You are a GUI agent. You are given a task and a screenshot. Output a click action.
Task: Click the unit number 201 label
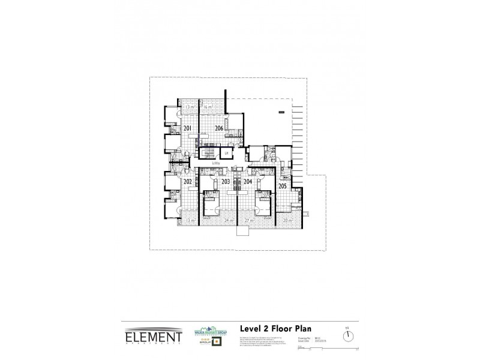click(187, 128)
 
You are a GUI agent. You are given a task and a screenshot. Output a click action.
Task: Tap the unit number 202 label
click(187, 181)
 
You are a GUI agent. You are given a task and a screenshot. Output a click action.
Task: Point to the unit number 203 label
click(226, 181)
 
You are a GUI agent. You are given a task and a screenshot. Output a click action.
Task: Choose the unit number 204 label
click(248, 181)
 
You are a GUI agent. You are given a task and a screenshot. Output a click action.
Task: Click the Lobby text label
click(216, 163)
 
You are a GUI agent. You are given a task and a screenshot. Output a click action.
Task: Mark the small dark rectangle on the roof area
click(280, 112)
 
